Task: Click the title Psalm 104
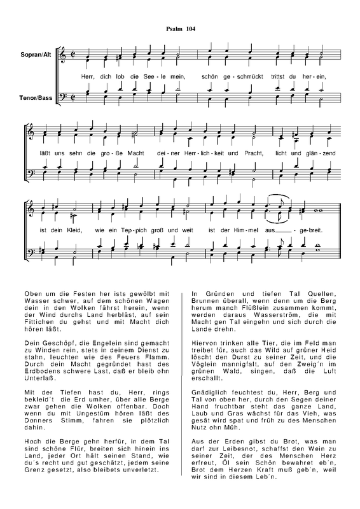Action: pos(180,29)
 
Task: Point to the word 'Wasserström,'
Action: pos(269,312)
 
